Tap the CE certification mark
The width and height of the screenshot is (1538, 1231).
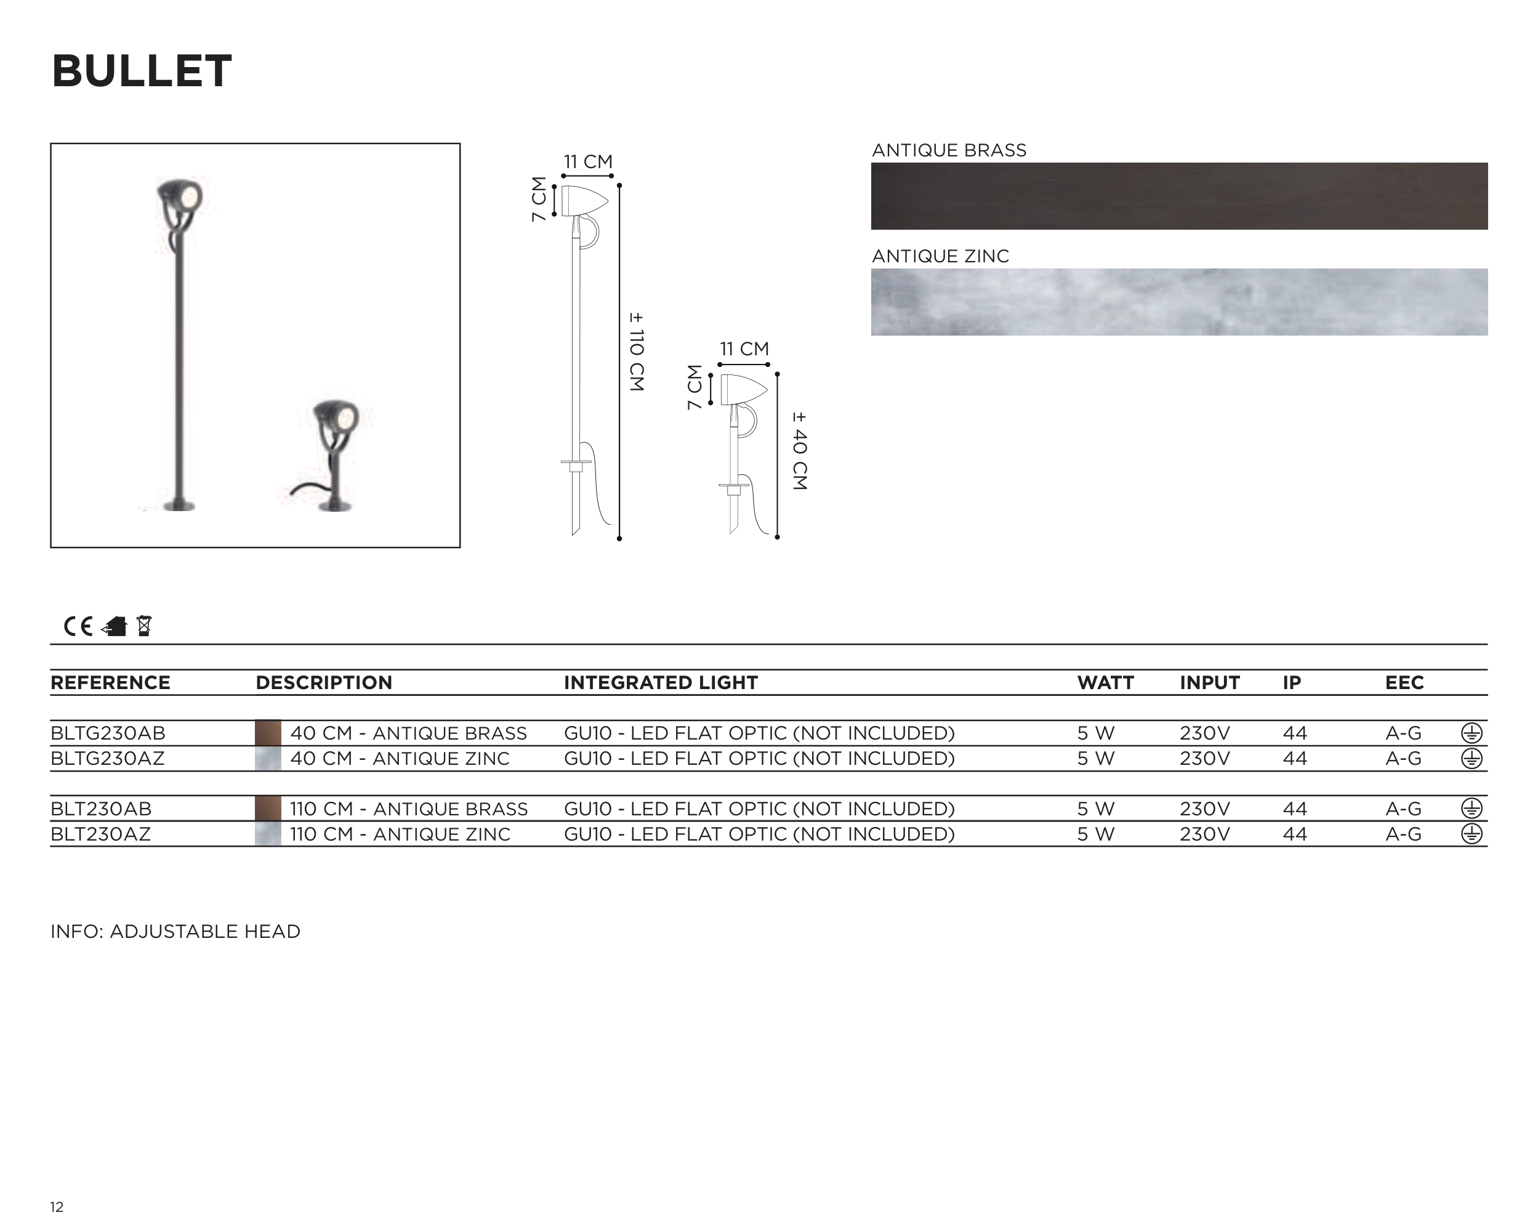(78, 626)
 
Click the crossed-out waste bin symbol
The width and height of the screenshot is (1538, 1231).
(144, 626)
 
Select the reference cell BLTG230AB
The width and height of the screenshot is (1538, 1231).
(108, 733)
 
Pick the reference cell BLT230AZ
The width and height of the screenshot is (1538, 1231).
(100, 834)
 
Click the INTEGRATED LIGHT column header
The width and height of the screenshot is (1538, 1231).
(661, 683)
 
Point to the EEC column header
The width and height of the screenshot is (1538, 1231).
(1404, 683)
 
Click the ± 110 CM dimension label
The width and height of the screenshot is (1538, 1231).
(636, 351)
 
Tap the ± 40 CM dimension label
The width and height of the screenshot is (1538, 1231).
(800, 450)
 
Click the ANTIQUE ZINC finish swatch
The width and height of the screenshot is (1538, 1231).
(1179, 302)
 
